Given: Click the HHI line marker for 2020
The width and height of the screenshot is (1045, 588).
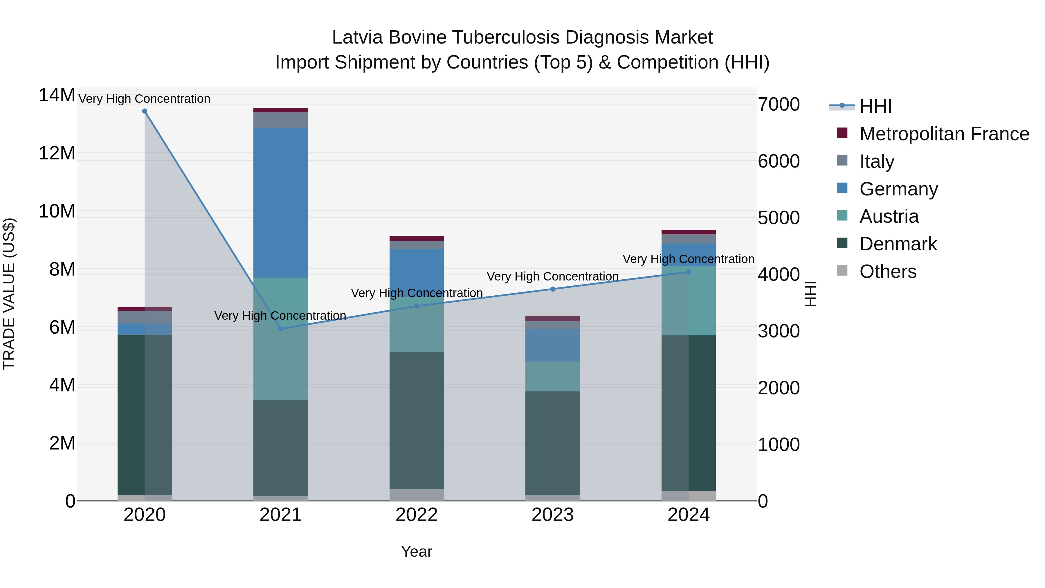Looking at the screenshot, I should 145,111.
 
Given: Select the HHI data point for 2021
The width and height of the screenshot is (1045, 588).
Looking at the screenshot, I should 281,329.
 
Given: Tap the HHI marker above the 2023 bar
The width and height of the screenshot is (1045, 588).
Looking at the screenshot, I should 552,289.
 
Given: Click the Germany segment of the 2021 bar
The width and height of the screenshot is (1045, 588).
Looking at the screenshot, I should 281,203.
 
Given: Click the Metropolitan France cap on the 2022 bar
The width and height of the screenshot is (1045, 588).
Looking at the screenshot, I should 417,238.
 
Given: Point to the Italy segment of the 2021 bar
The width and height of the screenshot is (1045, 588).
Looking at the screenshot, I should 281,120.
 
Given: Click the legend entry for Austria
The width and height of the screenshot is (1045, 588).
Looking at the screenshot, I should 889,216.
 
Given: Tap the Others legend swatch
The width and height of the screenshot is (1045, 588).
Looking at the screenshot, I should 842,271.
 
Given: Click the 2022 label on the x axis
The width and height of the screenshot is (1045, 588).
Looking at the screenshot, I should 417,515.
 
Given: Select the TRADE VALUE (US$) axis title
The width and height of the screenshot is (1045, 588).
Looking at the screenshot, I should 9,294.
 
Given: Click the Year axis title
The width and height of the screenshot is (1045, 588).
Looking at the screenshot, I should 417,551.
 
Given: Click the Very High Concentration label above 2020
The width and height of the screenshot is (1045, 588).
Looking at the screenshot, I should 145,99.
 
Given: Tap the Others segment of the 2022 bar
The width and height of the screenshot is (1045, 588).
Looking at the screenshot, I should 417,495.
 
